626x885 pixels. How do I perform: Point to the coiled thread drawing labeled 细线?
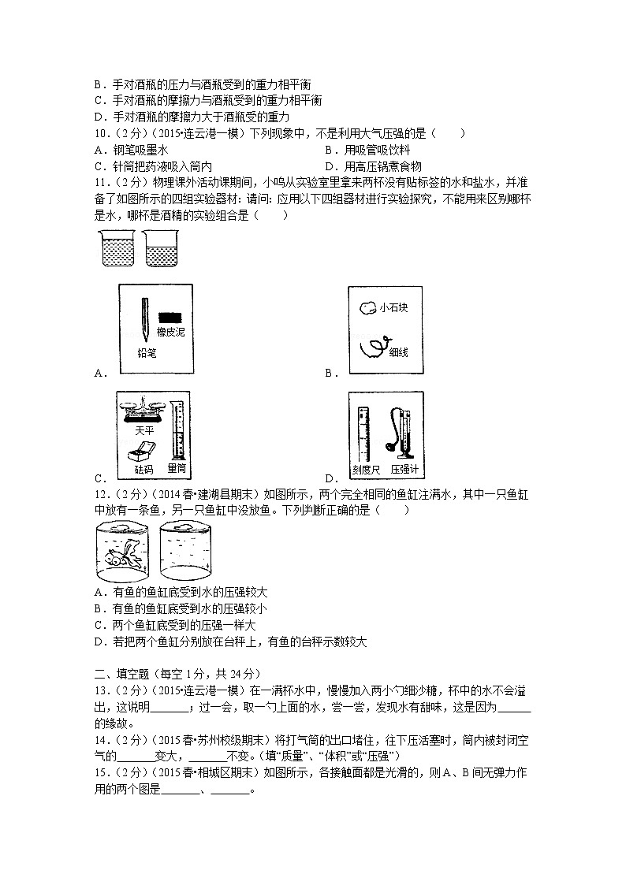(371, 347)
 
